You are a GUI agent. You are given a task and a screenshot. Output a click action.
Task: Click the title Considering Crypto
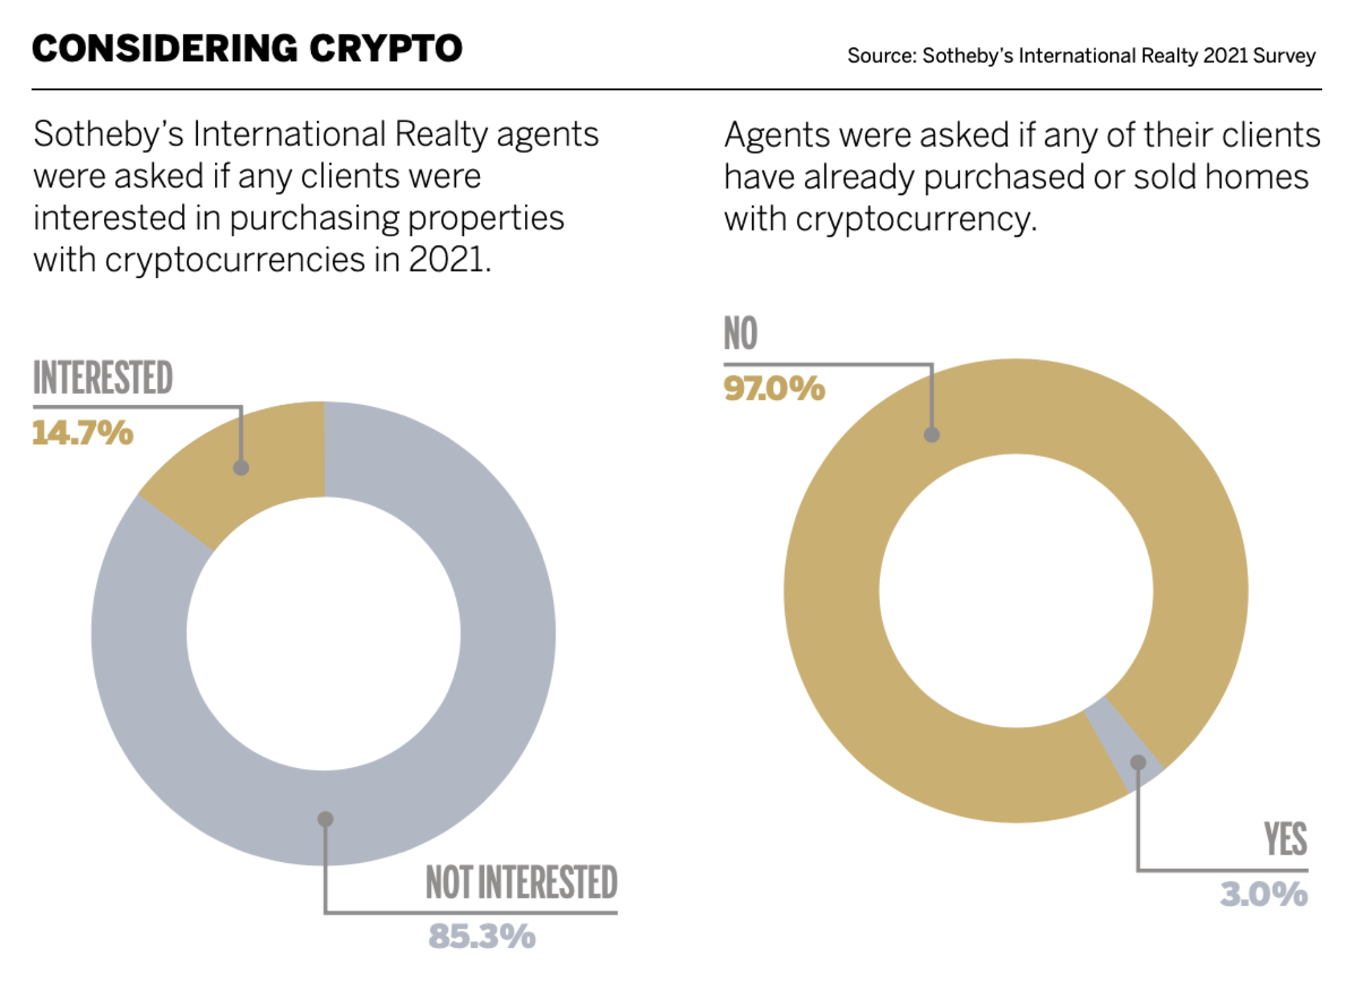247,49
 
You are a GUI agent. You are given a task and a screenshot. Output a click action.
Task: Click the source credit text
1081,56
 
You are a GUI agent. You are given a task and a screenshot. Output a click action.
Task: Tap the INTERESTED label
103,378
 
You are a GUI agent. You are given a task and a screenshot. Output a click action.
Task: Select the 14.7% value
83,433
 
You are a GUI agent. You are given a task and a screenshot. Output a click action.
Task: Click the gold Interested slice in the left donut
263,453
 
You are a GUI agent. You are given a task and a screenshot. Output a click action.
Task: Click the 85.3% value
482,937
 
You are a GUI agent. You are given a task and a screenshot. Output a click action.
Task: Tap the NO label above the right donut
740,334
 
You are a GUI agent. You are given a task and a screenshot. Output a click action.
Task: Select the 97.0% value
774,389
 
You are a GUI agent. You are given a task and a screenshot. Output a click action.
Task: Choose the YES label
1285,839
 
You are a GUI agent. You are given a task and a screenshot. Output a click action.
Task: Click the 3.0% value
1264,894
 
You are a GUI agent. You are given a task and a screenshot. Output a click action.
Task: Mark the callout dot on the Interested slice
241,468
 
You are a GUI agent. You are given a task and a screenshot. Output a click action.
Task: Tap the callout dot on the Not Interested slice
325,819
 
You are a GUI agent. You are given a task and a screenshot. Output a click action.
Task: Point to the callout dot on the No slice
931,434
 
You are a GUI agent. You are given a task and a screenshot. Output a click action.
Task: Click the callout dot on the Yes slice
1138,762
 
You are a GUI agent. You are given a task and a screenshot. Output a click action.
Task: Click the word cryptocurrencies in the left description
234,260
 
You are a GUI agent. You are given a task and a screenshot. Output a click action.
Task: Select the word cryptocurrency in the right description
916,219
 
